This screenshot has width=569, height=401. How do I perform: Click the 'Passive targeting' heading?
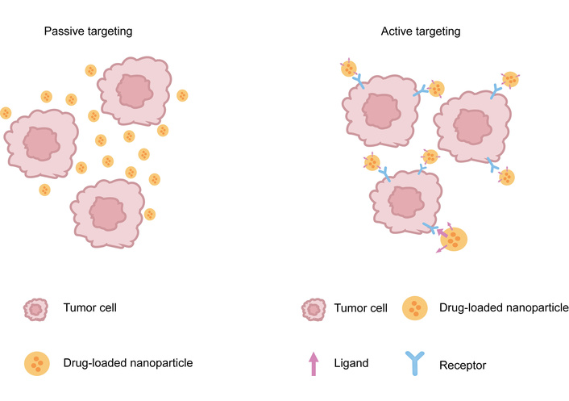coord(88,31)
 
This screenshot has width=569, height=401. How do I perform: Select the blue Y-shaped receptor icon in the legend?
coord(416,363)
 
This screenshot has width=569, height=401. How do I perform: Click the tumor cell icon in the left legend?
coord(35,308)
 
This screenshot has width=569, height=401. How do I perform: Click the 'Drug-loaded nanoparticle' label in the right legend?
coord(505,307)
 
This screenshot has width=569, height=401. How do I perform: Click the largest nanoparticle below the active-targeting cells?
coord(455,238)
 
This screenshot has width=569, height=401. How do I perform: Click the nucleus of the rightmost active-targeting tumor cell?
coord(469,126)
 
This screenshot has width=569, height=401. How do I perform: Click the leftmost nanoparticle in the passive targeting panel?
coord(6,113)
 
